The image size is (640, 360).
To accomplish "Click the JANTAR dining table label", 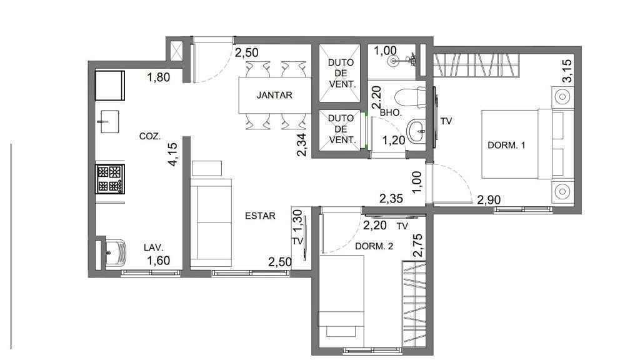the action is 274,95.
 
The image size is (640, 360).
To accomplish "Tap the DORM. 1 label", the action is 506,145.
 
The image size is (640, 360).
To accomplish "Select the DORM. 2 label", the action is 374,246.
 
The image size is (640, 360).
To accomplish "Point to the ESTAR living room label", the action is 260,216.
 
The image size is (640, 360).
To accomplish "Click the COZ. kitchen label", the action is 150,136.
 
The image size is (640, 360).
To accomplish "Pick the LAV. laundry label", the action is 154,247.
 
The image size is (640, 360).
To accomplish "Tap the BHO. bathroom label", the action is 391,112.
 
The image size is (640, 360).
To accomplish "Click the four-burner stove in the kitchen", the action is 110,179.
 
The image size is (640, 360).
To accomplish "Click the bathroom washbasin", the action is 416,131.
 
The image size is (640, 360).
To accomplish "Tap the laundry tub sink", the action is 115,252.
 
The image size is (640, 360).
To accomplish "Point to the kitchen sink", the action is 109,122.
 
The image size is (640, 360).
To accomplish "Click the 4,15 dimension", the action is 172,154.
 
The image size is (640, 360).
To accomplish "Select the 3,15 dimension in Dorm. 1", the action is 567,71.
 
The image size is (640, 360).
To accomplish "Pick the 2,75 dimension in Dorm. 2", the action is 418,245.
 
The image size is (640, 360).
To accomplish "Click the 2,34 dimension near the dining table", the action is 302,145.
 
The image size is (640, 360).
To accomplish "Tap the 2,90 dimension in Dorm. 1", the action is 489,200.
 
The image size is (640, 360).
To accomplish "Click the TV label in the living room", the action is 297,241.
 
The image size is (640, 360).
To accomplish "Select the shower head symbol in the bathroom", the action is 394,61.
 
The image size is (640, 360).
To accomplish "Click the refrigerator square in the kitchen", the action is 110,85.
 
